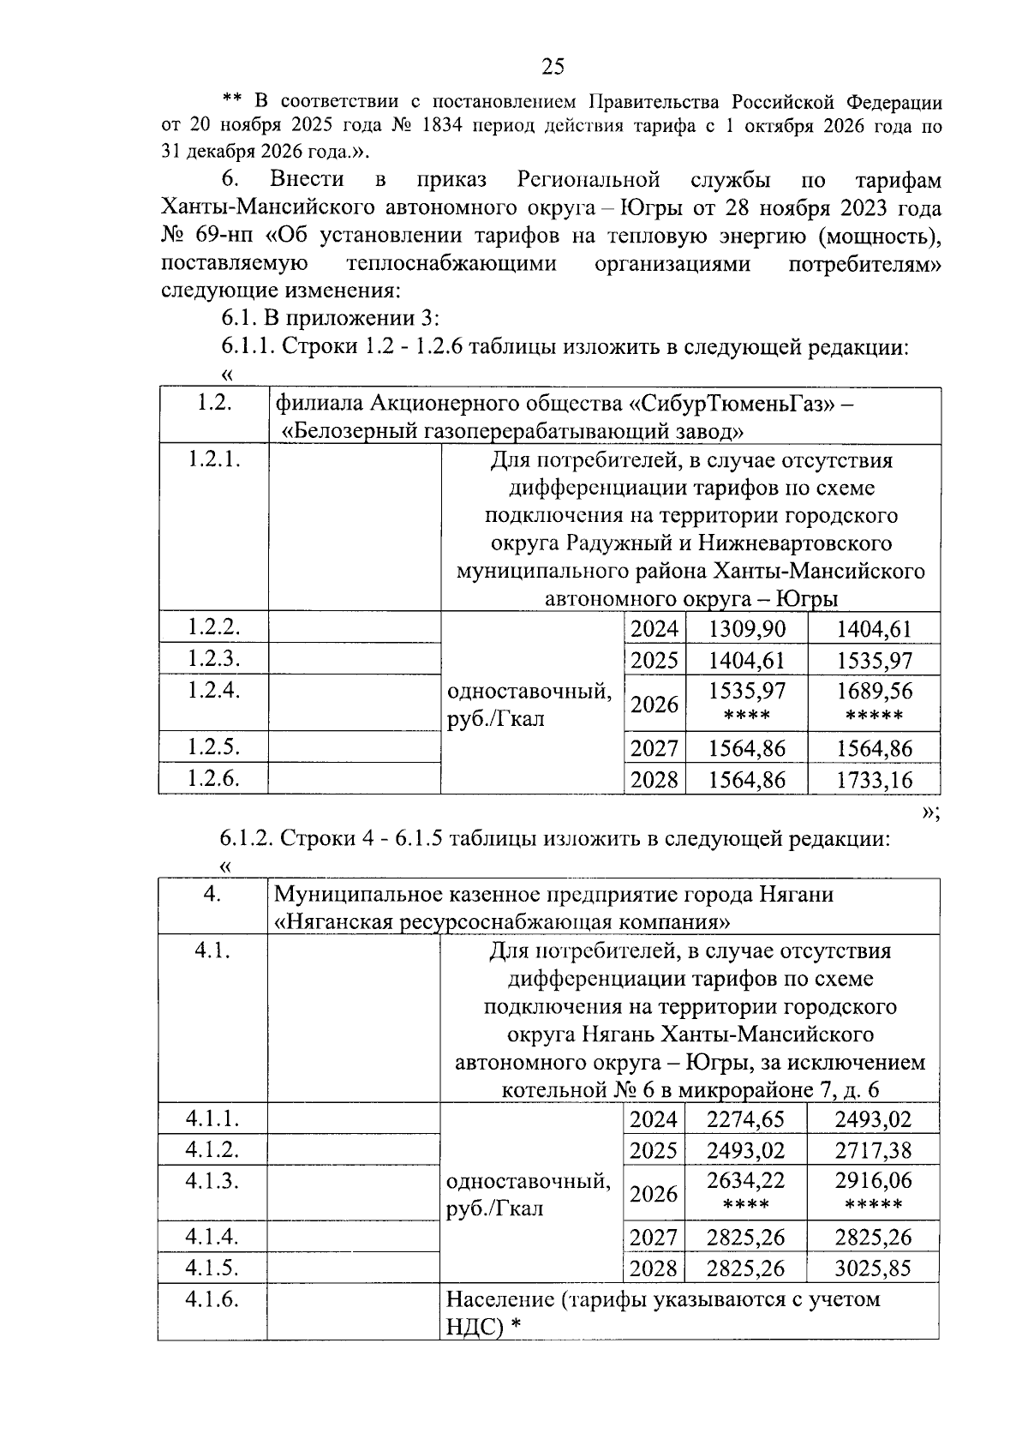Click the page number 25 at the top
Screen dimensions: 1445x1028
click(x=553, y=66)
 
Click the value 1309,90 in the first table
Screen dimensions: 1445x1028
click(x=747, y=629)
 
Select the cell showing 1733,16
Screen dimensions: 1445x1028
click(x=874, y=779)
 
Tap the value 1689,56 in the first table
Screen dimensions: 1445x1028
click(x=874, y=691)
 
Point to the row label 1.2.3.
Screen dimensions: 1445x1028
click(x=213, y=658)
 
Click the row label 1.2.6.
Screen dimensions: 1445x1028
click(x=213, y=777)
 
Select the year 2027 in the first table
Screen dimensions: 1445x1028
click(x=654, y=748)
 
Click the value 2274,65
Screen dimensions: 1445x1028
click(x=745, y=1119)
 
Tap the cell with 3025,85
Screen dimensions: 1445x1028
click(x=873, y=1268)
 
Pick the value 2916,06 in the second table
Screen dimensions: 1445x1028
click(x=873, y=1181)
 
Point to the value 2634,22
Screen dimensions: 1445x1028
click(x=745, y=1181)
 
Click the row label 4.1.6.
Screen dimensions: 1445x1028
click(x=212, y=1298)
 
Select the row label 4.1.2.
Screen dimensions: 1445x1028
click(x=212, y=1149)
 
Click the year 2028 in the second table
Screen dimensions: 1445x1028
click(x=653, y=1268)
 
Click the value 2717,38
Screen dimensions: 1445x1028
click(x=873, y=1150)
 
